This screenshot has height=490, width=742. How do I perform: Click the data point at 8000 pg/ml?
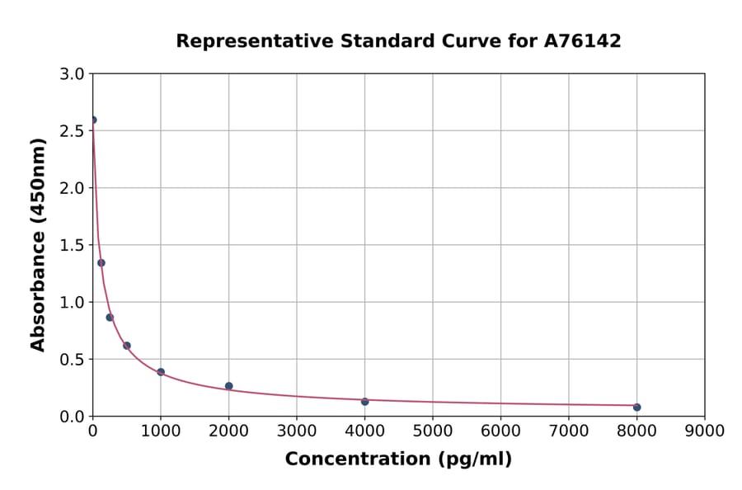point(636,407)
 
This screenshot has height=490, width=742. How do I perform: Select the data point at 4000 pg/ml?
point(364,401)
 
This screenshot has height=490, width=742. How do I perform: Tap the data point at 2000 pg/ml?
point(228,386)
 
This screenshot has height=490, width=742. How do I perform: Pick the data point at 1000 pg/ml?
point(161,372)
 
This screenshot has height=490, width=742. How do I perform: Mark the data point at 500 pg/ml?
point(127,346)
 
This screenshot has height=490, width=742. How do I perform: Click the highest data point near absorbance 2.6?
point(93,120)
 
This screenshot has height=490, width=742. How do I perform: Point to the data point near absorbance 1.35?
point(101,263)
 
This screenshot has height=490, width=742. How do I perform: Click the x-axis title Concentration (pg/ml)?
point(398,459)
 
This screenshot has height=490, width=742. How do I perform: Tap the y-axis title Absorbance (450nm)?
point(38,244)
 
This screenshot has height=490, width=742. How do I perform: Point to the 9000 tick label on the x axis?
point(704,431)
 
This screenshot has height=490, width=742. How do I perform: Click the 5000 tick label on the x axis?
point(432,431)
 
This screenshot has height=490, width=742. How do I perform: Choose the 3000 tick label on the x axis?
point(296,431)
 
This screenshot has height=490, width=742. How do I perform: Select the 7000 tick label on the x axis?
point(568,431)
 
